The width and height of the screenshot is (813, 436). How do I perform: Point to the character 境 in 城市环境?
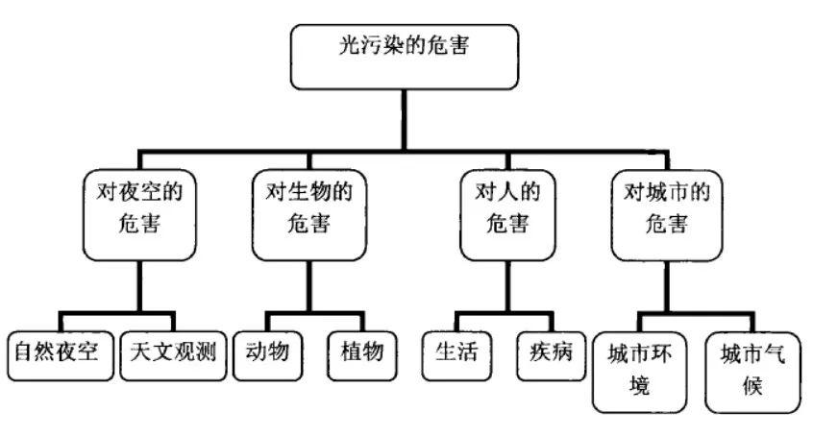tap(640, 388)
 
